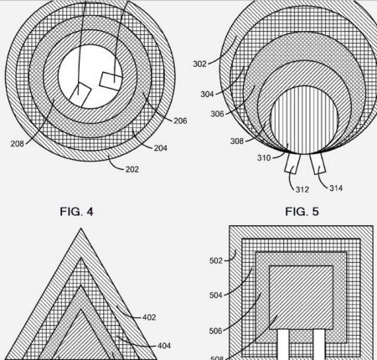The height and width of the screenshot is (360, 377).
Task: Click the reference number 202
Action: tap(132, 169)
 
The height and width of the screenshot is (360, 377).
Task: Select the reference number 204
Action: tap(161, 148)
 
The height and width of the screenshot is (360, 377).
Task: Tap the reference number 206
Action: tap(180, 121)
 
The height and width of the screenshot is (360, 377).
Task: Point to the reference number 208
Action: tap(18, 144)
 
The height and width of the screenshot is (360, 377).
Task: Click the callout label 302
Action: tap(199, 64)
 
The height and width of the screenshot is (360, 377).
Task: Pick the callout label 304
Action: tap(207, 95)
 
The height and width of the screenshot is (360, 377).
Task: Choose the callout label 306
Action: tap(217, 114)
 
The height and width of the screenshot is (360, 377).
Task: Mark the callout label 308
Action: tap(237, 141)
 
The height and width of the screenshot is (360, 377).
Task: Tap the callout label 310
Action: tap(264, 158)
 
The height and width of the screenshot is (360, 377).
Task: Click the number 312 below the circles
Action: tap(302, 190)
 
